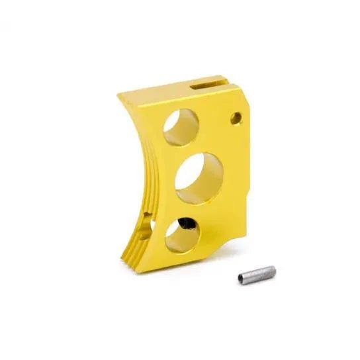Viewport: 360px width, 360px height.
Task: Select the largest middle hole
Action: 199,175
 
